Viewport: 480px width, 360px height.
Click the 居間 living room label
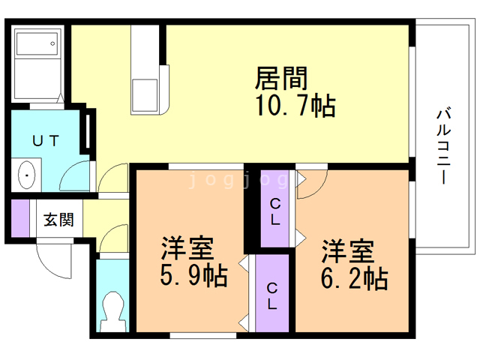click(281, 78)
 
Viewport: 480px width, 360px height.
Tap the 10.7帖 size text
click(295, 106)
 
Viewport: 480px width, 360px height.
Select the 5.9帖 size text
click(193, 275)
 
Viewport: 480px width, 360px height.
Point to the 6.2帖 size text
click(355, 278)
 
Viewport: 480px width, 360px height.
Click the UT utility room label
click(45, 141)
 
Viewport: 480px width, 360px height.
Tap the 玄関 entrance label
click(58, 220)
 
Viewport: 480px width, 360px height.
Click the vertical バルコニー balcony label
click(443, 146)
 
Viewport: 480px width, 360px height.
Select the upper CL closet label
click(275, 211)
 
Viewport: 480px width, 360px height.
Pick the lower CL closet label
click(272, 296)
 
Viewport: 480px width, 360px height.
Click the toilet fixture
click(113, 312)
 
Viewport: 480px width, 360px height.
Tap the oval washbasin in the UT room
click(27, 175)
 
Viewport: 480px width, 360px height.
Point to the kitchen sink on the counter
click(145, 95)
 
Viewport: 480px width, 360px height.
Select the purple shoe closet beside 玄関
click(20, 218)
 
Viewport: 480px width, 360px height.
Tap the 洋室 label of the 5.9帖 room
click(187, 247)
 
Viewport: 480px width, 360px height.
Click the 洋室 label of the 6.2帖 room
click(347, 251)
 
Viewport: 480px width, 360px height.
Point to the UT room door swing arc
click(72, 171)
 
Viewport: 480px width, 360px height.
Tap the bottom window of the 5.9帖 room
click(203, 335)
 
